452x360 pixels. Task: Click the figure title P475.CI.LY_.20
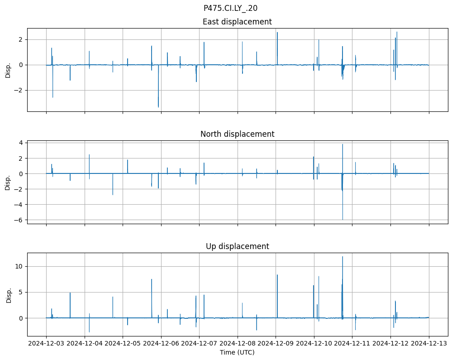[x=230, y=8]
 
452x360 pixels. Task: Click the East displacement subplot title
[x=237, y=22]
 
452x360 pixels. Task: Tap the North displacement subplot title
[x=237, y=134]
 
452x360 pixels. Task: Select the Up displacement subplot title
[x=237, y=246]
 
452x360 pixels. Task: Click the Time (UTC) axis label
[x=237, y=352]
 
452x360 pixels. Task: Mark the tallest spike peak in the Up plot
[x=343, y=257]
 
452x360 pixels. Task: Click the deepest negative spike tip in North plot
[x=343, y=220]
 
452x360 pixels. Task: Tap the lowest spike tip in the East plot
[x=158, y=107]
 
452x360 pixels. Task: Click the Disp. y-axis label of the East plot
[x=8, y=70]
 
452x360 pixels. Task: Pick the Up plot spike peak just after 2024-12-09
[x=277, y=275]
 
